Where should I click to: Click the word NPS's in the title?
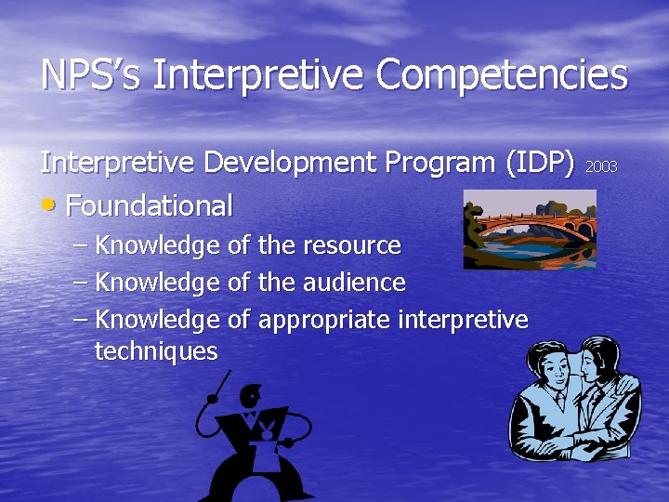coord(91,75)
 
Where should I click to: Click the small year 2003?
coord(601,166)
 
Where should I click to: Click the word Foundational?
coord(149,205)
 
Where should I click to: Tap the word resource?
coord(350,245)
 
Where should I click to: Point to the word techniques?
coord(156,350)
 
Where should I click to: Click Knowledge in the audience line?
coord(158,281)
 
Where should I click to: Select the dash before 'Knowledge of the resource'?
coord(81,245)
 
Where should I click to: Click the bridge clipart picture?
coord(530,229)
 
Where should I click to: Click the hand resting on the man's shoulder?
coord(626,381)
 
